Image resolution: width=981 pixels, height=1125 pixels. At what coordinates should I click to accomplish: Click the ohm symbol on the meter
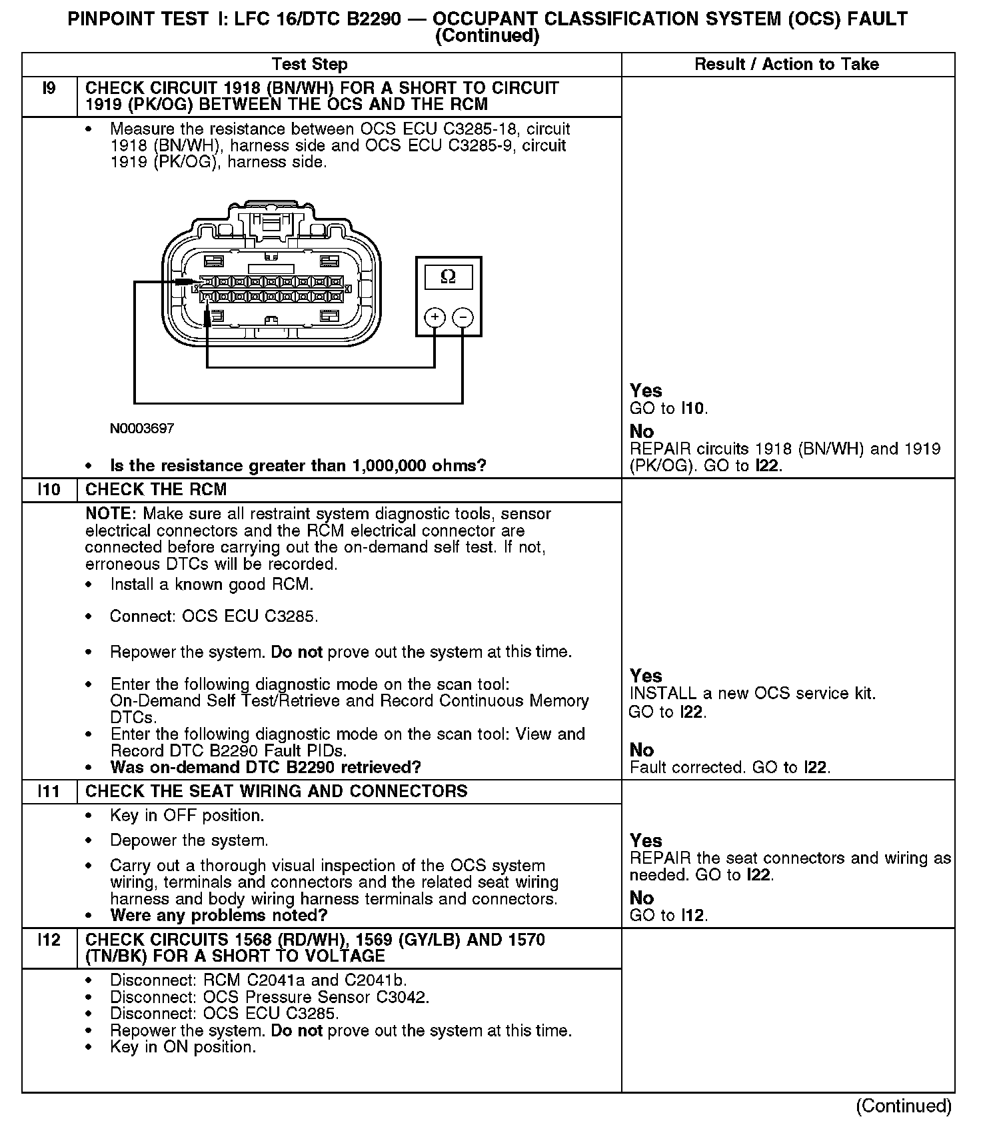click(448, 277)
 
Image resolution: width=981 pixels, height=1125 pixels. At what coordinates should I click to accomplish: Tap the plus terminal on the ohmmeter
click(435, 317)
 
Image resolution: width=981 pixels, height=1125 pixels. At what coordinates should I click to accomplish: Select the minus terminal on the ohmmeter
click(463, 317)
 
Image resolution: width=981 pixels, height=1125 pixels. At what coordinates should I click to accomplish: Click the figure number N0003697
click(142, 429)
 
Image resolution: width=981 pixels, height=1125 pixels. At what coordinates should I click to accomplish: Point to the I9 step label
click(49, 89)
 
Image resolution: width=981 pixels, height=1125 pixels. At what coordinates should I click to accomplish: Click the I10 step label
click(49, 490)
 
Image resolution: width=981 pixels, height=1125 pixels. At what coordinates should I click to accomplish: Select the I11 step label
click(49, 792)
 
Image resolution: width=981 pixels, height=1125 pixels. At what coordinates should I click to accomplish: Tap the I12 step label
click(49, 940)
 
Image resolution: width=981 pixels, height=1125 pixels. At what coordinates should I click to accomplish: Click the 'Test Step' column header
click(309, 65)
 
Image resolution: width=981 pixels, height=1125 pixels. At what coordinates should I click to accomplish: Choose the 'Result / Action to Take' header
click(786, 65)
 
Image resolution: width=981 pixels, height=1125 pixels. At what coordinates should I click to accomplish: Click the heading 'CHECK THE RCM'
click(156, 490)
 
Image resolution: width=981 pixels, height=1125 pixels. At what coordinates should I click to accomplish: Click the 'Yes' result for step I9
click(646, 391)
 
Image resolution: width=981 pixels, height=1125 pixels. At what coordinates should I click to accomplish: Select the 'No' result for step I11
click(641, 898)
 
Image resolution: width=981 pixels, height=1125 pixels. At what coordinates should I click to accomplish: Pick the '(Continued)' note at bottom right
click(904, 1106)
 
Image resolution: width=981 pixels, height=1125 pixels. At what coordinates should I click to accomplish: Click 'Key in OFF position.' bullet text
click(187, 816)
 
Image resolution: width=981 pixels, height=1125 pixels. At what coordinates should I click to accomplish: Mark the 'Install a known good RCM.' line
click(212, 585)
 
